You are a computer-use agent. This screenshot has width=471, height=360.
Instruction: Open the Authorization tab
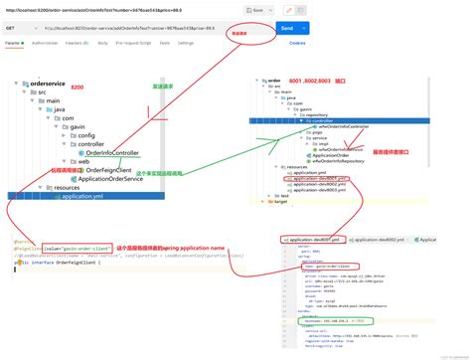tap(45, 45)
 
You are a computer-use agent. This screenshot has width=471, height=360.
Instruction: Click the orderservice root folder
tap(47, 83)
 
